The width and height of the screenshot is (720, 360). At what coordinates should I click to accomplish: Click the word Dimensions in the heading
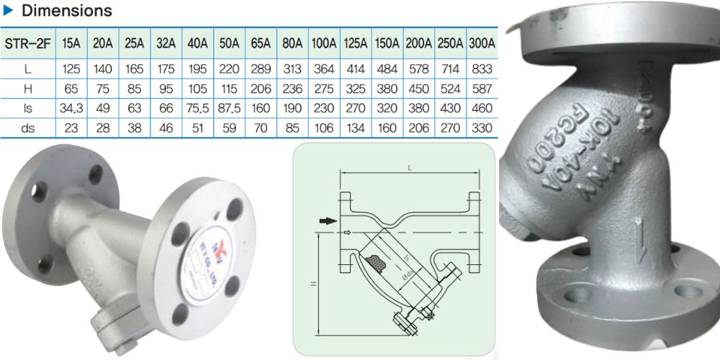(x=67, y=11)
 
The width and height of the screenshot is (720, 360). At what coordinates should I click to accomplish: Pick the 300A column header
(x=481, y=42)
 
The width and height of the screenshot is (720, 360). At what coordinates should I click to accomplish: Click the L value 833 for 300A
(x=481, y=69)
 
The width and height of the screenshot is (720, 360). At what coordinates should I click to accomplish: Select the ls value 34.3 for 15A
(x=71, y=108)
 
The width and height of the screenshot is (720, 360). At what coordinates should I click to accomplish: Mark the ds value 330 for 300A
(x=481, y=128)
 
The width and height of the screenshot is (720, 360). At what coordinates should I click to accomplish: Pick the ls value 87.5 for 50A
(x=229, y=108)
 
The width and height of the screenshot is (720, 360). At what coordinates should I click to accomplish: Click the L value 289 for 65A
(x=260, y=69)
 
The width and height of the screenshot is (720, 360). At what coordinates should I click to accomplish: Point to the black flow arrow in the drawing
(x=328, y=221)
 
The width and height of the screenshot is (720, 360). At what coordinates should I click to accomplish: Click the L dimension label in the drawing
(x=410, y=167)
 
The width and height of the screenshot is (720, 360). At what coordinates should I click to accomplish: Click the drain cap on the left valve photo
(x=106, y=333)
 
